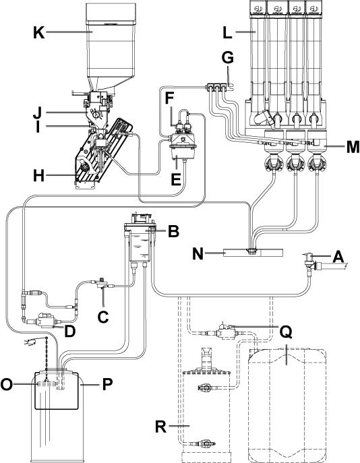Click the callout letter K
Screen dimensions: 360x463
pos(38,32)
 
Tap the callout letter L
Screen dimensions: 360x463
pos(227,32)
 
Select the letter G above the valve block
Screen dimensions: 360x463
pos(228,58)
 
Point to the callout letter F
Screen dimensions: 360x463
pos(169,98)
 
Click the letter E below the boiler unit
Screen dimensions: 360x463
pos(176,179)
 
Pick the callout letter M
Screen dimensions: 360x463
pos(353,147)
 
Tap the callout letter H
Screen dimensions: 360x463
pos(38,176)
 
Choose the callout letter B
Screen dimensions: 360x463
pos(173,231)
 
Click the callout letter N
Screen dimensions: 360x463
pos(198,253)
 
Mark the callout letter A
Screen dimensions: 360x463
pos(338,257)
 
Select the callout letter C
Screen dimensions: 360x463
pos(103,317)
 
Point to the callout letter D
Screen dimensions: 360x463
pos(69,331)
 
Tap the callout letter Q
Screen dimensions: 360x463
pos(286,332)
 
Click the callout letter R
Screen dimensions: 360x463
pos(160,427)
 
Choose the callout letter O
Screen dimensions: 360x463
pos(7,384)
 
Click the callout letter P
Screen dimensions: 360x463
pos(107,384)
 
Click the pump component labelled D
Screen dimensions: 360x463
pos(44,320)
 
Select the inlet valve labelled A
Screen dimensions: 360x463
pos(311,261)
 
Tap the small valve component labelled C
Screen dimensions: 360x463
pos(102,283)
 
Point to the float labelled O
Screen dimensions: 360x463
pos(47,384)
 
